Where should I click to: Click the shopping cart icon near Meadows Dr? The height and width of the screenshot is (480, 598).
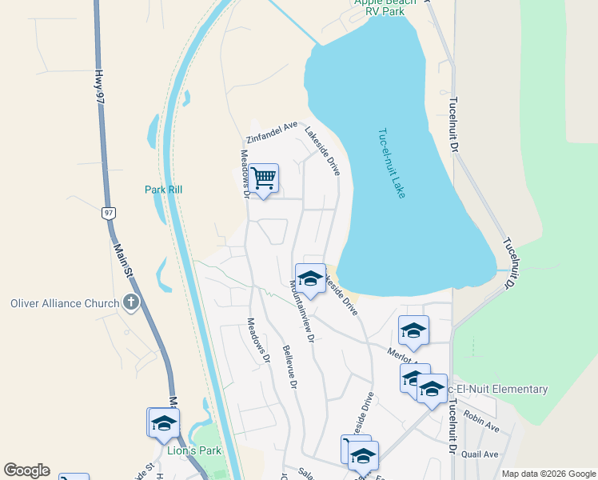click(x=263, y=179)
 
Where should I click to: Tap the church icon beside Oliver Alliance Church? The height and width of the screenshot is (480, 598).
click(x=132, y=303)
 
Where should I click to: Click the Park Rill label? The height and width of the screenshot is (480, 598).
click(x=164, y=190)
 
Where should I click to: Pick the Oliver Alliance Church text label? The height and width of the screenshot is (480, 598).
click(x=62, y=303)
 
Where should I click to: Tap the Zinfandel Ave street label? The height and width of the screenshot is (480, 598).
click(x=272, y=133)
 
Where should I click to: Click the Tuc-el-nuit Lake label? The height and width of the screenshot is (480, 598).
click(x=392, y=164)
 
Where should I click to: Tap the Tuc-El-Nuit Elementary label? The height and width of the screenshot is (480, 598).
click(x=497, y=390)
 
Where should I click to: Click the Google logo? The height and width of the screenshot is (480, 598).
click(x=26, y=470)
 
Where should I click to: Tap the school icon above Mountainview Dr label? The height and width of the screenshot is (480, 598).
click(x=310, y=278)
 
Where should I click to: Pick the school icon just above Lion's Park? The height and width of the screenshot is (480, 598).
click(x=164, y=423)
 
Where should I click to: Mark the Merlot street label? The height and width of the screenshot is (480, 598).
click(x=397, y=354)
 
